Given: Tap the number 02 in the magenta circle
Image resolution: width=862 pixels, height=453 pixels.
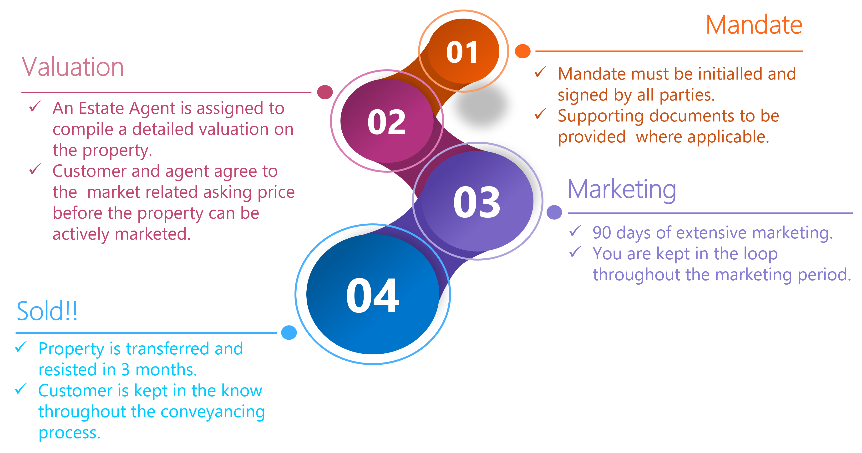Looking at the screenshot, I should point(386,122).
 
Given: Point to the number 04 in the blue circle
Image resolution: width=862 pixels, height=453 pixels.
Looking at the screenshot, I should point(372,296).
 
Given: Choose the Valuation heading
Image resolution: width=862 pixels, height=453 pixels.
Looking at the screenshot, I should point(73,67).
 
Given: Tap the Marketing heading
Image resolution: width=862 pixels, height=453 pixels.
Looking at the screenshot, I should point(622,190).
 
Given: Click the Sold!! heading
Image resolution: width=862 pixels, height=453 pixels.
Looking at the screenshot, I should point(47,311).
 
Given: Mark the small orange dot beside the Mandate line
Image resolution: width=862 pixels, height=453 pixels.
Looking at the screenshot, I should point(522,51).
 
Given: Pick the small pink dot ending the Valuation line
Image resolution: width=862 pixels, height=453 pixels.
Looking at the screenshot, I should point(325,92).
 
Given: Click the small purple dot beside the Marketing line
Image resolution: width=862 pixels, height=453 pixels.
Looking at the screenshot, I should point(554,212).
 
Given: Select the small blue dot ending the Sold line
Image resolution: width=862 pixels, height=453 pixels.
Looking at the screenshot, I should point(289,332).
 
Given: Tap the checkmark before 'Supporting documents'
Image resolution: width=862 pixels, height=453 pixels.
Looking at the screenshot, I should point(540,114).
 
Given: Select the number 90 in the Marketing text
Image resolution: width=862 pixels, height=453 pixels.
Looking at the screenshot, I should point(602,232).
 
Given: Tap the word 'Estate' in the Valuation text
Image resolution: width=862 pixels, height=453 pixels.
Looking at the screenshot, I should point(102,108).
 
